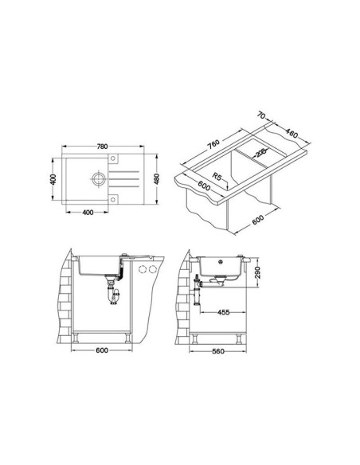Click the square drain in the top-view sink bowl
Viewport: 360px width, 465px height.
click(x=97, y=178)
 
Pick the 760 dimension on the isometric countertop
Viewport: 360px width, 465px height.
click(x=212, y=146)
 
